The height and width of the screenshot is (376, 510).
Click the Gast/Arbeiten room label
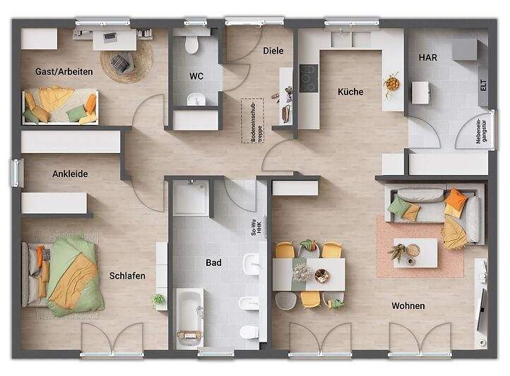click(x=63, y=71)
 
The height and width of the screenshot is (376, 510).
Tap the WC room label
click(x=196, y=75)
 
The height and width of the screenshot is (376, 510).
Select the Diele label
click(x=273, y=51)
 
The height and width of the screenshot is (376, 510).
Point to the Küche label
click(x=350, y=92)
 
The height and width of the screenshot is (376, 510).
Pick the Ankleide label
click(x=70, y=174)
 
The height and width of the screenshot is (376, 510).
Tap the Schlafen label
click(x=127, y=276)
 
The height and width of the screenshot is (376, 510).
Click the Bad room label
click(x=213, y=262)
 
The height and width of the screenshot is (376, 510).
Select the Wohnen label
click(x=408, y=305)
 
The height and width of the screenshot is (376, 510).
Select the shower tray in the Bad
click(x=191, y=197)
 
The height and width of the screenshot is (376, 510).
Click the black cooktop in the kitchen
click(x=308, y=78)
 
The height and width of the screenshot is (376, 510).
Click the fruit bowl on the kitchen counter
click(x=391, y=84)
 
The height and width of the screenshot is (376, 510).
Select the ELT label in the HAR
click(x=483, y=86)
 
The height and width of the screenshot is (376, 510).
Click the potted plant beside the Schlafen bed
click(x=158, y=300)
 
